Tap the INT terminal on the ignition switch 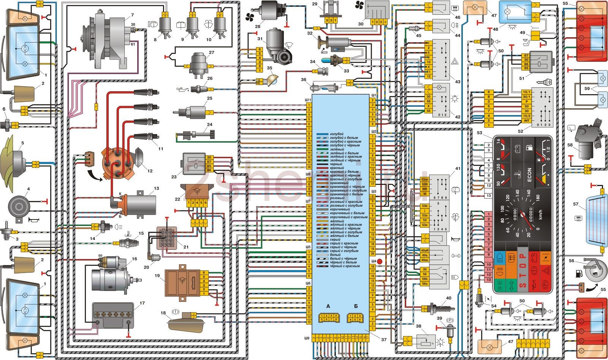(x=526, y=121)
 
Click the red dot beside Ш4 (x=379, y=262)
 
